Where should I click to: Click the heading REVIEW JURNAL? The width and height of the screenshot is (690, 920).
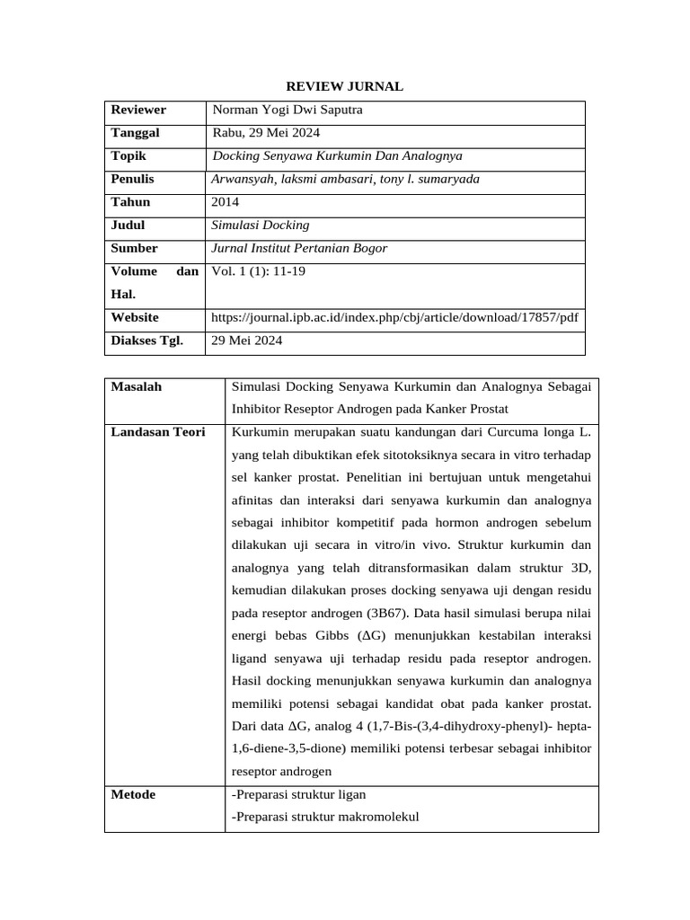[x=344, y=86]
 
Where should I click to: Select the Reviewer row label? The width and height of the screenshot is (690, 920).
[x=138, y=111]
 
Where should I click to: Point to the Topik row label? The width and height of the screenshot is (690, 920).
[x=128, y=155]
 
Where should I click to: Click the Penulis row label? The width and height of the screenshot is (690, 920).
[x=133, y=179]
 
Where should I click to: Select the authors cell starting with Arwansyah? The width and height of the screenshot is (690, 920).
[x=345, y=179]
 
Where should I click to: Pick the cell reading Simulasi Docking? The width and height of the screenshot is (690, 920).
[x=260, y=226]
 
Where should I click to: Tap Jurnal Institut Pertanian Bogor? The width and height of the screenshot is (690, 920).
[x=298, y=248]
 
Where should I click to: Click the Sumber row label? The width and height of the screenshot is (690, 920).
[x=134, y=248]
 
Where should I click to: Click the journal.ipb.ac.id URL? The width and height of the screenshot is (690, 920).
[x=394, y=317]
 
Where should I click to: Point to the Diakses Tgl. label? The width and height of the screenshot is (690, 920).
[x=146, y=341]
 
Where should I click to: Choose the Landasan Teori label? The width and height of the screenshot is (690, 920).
[x=157, y=432]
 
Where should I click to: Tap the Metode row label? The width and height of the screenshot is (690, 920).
[x=133, y=794]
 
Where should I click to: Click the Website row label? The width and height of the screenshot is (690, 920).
[x=135, y=317]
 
